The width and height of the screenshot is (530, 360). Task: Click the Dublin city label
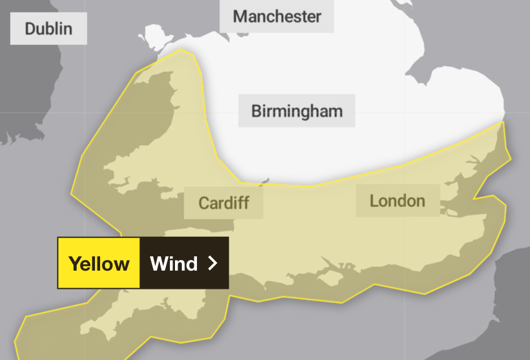tap(48, 28)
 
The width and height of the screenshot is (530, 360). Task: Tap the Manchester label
tap(276, 16)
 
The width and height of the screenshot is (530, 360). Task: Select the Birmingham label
tap(297, 111)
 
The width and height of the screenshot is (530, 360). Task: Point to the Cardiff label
tap(224, 202)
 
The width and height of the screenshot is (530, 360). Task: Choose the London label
tap(397, 201)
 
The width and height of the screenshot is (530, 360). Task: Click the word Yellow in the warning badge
tap(99, 263)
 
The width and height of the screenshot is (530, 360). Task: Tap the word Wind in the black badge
tap(174, 263)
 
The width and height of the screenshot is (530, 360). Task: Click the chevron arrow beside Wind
tap(212, 263)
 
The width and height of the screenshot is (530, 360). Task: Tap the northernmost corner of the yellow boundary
tap(181, 49)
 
